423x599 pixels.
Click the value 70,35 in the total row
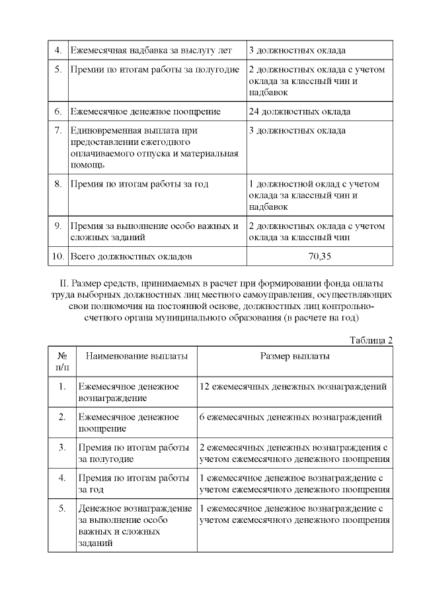pos(320,255)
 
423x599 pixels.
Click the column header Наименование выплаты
pos(136,356)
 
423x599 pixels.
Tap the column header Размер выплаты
pos(295,356)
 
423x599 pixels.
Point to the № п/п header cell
pos(62,361)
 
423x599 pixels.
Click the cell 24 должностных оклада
pos(299,111)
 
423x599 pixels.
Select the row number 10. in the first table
pos(58,255)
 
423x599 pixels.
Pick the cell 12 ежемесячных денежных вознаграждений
pos(293,387)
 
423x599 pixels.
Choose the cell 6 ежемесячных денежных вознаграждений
pos(290,417)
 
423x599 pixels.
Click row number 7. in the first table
pos(58,130)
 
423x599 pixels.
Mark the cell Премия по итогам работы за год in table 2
pos(134,484)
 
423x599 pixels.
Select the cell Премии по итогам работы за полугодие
pos(155,69)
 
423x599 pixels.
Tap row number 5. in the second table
pos(62,508)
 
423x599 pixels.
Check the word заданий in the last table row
pos(95,543)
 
